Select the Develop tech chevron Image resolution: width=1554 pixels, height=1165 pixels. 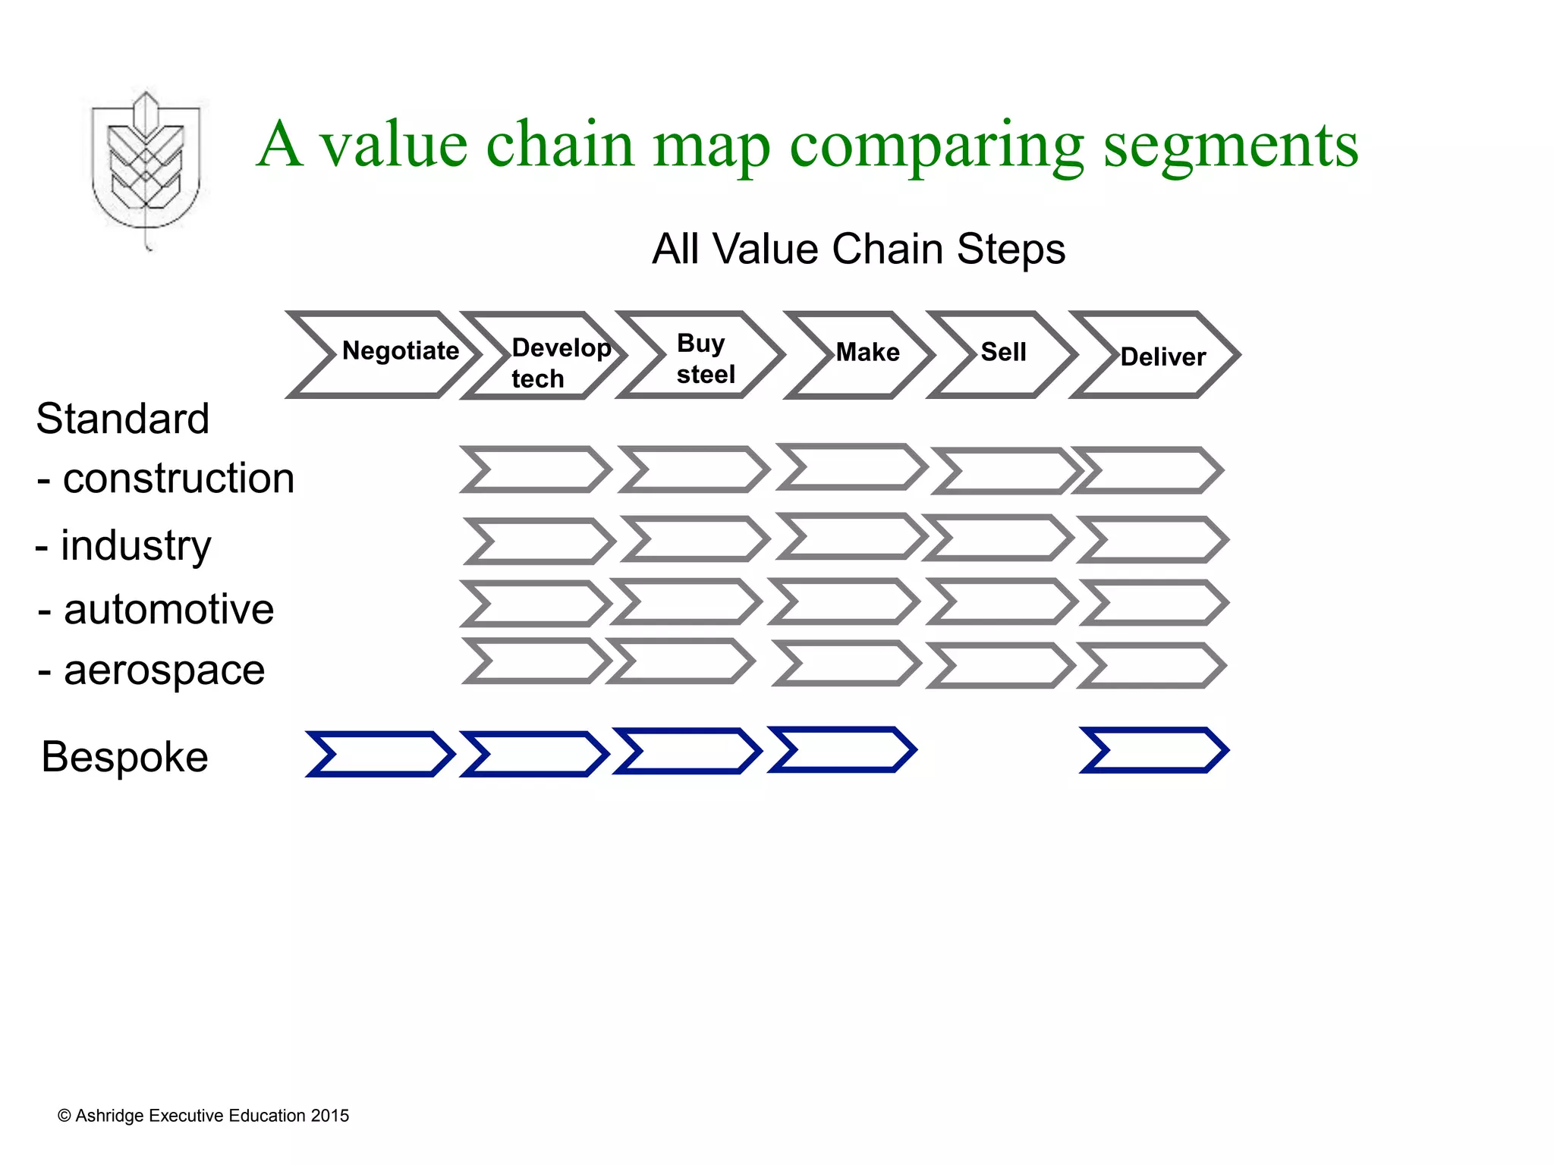[x=543, y=356]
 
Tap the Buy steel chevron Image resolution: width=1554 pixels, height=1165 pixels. [x=699, y=355]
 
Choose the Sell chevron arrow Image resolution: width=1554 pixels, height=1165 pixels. [x=1002, y=354]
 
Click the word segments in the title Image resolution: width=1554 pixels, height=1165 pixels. [x=1230, y=146]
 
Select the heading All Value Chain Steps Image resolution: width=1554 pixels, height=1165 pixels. [x=858, y=249]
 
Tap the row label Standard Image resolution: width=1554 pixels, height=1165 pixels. [x=122, y=419]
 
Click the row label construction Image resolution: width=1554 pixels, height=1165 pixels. [x=178, y=479]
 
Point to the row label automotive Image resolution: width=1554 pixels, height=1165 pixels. [x=168, y=609]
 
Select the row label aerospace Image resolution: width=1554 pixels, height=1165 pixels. [x=163, y=670]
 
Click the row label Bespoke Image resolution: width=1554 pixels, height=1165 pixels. [x=124, y=757]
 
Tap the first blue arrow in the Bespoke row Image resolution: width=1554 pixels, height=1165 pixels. [x=379, y=754]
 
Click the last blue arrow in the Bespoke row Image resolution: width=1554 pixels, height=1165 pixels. [x=1153, y=750]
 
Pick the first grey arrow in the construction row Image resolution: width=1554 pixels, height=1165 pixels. [x=536, y=469]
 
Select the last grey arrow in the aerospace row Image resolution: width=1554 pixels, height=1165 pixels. [x=1151, y=665]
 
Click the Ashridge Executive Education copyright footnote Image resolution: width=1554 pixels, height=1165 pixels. [x=203, y=1116]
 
